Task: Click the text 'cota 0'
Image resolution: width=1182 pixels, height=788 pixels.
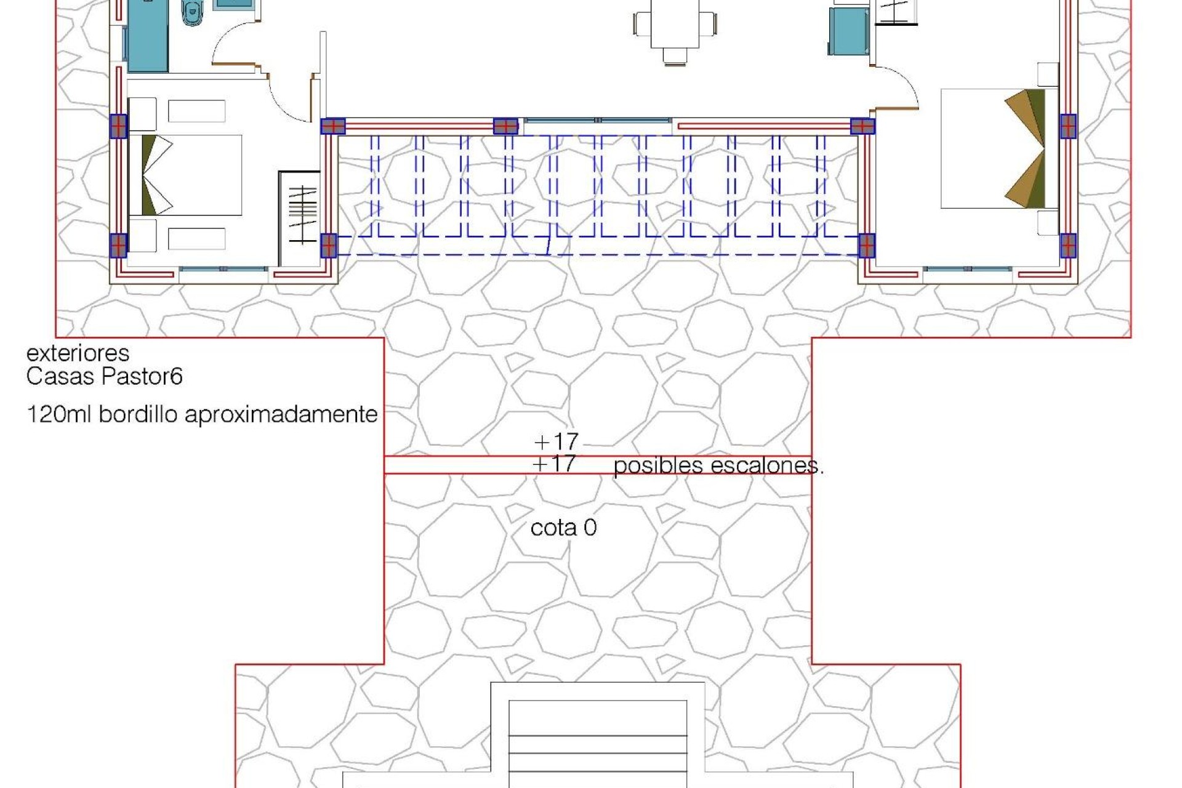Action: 563,528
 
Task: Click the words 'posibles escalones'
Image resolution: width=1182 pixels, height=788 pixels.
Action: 717,466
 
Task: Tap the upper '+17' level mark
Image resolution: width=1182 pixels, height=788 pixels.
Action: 557,441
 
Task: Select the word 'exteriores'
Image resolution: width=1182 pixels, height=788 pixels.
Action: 78,353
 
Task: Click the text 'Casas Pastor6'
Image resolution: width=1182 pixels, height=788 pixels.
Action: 104,376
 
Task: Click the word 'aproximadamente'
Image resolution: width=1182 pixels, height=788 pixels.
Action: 281,415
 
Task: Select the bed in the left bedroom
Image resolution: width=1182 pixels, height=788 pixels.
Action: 185,175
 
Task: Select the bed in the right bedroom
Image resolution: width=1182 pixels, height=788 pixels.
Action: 997,148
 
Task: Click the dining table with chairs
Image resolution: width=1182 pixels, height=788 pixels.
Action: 675,28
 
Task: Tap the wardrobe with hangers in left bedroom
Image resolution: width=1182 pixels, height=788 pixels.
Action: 301,215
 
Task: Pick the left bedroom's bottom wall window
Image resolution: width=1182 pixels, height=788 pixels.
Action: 224,270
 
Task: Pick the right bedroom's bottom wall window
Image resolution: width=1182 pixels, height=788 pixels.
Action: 968,270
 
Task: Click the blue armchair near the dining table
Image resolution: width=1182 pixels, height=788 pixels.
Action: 848,31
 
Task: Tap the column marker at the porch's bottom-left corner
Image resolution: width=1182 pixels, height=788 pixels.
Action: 329,245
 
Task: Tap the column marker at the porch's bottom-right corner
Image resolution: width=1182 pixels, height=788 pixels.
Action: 866,246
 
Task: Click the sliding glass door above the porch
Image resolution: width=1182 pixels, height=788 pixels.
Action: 597,121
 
